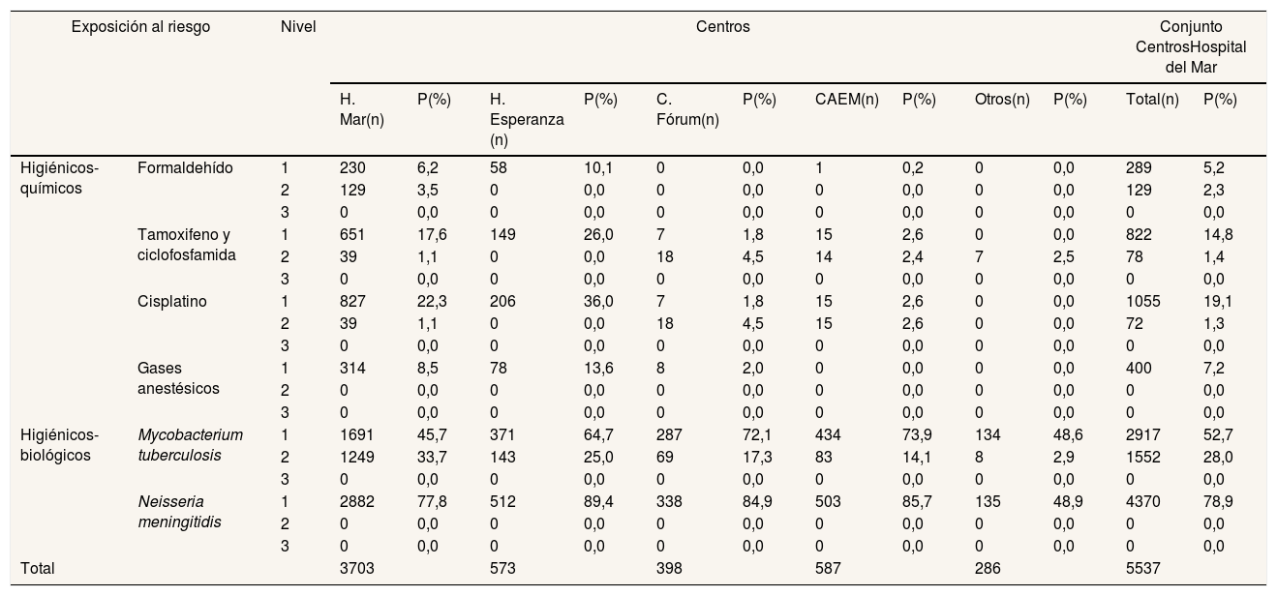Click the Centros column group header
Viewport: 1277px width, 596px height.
tap(723, 27)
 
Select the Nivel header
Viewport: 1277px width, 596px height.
tap(298, 27)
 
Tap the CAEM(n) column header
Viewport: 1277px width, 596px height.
tap(846, 100)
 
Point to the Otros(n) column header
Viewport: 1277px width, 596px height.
tap(1002, 100)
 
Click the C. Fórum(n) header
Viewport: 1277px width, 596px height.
tap(687, 109)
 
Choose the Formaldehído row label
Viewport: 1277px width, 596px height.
tap(185, 168)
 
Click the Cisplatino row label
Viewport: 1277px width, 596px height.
tap(172, 302)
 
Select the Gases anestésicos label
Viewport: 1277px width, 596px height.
tap(178, 378)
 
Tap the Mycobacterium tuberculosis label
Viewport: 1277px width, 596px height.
tap(191, 445)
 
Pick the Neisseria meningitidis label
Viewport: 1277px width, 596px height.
tap(179, 512)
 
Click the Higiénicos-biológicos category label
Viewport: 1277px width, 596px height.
tap(59, 445)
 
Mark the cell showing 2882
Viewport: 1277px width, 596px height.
tap(357, 501)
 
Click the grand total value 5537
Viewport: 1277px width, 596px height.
tap(1143, 568)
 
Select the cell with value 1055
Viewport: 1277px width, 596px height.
tap(1143, 302)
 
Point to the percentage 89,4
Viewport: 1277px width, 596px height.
tap(598, 501)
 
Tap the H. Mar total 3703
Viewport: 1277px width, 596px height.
tap(357, 568)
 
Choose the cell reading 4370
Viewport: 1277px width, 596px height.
tap(1143, 501)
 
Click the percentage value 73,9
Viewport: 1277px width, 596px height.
tap(917, 434)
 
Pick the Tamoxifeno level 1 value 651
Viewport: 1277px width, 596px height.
tap(352, 235)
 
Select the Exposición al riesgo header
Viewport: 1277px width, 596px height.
tap(140, 27)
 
